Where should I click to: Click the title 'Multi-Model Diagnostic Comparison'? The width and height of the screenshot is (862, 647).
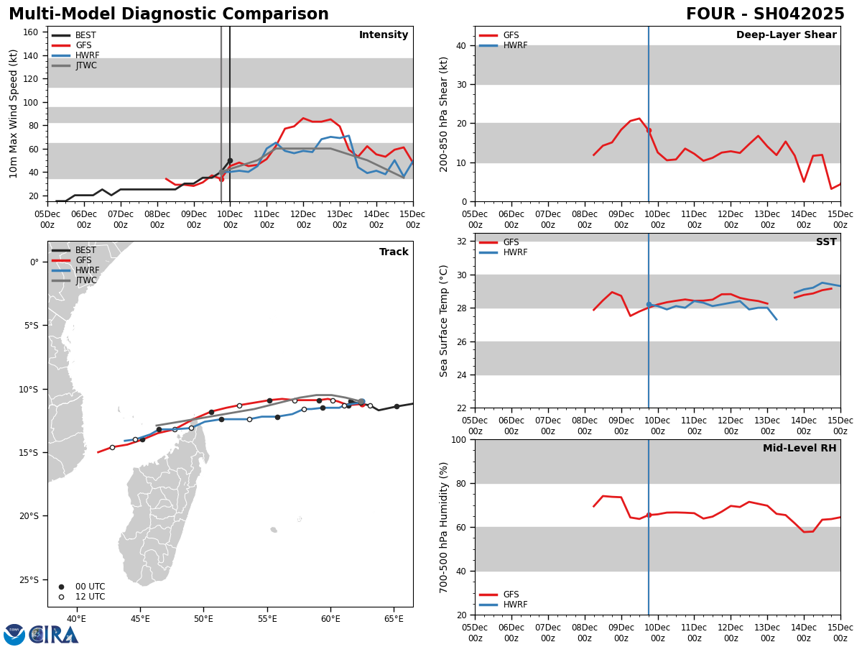[x=169, y=14]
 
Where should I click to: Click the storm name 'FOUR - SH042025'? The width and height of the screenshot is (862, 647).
[x=765, y=14]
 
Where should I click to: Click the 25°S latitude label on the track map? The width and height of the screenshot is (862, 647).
[x=29, y=580]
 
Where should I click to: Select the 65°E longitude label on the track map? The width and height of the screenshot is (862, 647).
[x=394, y=619]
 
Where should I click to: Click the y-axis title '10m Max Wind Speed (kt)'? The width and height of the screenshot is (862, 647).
[x=14, y=114]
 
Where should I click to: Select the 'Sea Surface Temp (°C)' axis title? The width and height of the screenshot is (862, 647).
[x=444, y=321]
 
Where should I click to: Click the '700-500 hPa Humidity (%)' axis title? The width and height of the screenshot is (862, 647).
[x=444, y=528]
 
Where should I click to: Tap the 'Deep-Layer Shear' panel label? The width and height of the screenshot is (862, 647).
[x=786, y=35]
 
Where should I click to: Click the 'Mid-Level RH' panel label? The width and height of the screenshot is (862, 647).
[x=799, y=449]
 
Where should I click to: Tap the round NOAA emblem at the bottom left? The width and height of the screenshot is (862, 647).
[x=14, y=635]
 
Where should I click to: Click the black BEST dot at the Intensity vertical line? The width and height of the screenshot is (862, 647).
[x=230, y=160]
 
